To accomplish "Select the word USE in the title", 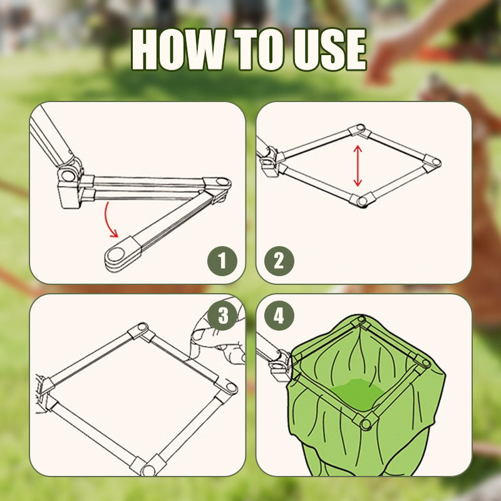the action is coord(330,49).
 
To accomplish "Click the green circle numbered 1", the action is coord(222,261).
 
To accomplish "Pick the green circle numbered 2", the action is coord(279,261).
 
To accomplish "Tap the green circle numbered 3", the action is coord(222,316).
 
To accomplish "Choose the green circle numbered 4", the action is coord(279,316).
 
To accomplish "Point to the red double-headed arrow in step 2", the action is coord(358,166).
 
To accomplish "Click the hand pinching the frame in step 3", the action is coord(217,336).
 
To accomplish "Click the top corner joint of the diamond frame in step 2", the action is coord(358,130).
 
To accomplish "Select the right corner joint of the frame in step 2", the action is coord(432,162).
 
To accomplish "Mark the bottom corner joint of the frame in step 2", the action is coord(361,200).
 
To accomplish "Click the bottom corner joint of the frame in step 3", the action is coord(148,466).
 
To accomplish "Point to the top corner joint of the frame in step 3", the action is coord(140,330).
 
